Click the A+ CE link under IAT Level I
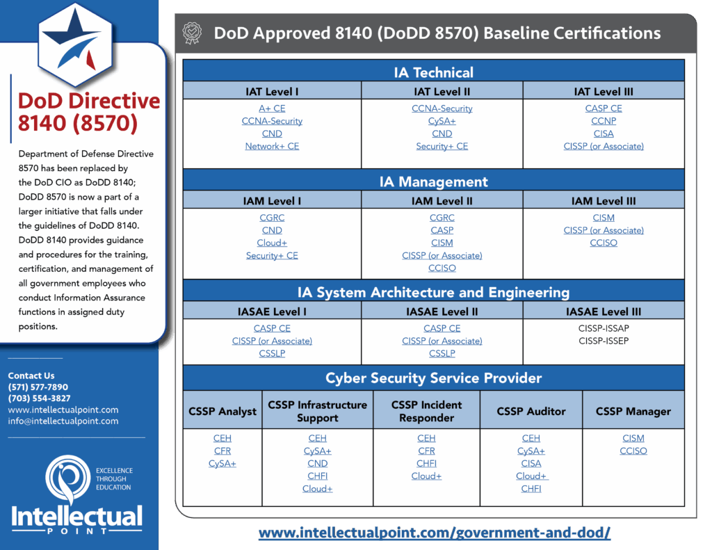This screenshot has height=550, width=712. point(272,108)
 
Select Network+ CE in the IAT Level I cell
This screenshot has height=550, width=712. point(272,146)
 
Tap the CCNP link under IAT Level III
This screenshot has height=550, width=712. point(604,121)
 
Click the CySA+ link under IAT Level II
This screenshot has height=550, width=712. point(442,121)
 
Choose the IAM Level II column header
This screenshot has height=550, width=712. point(442,201)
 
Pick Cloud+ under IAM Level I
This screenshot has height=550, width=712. point(272,243)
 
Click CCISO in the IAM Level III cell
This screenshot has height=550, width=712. point(604,243)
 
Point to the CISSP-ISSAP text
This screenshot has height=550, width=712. point(604,328)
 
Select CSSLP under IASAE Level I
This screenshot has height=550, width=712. point(272,353)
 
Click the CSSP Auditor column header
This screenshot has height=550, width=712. point(531,411)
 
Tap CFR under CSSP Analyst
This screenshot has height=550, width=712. point(222,451)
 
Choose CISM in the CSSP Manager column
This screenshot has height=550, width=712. point(633,438)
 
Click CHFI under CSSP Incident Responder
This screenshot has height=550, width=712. point(426,463)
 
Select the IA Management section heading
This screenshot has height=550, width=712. point(434,181)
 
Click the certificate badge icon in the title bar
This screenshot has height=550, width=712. point(192,33)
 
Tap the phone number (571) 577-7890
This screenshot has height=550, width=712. point(38,387)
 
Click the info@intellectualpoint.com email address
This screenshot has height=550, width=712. point(63,421)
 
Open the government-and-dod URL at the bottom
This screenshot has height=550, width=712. point(435,533)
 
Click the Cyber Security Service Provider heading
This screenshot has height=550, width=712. point(434,378)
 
